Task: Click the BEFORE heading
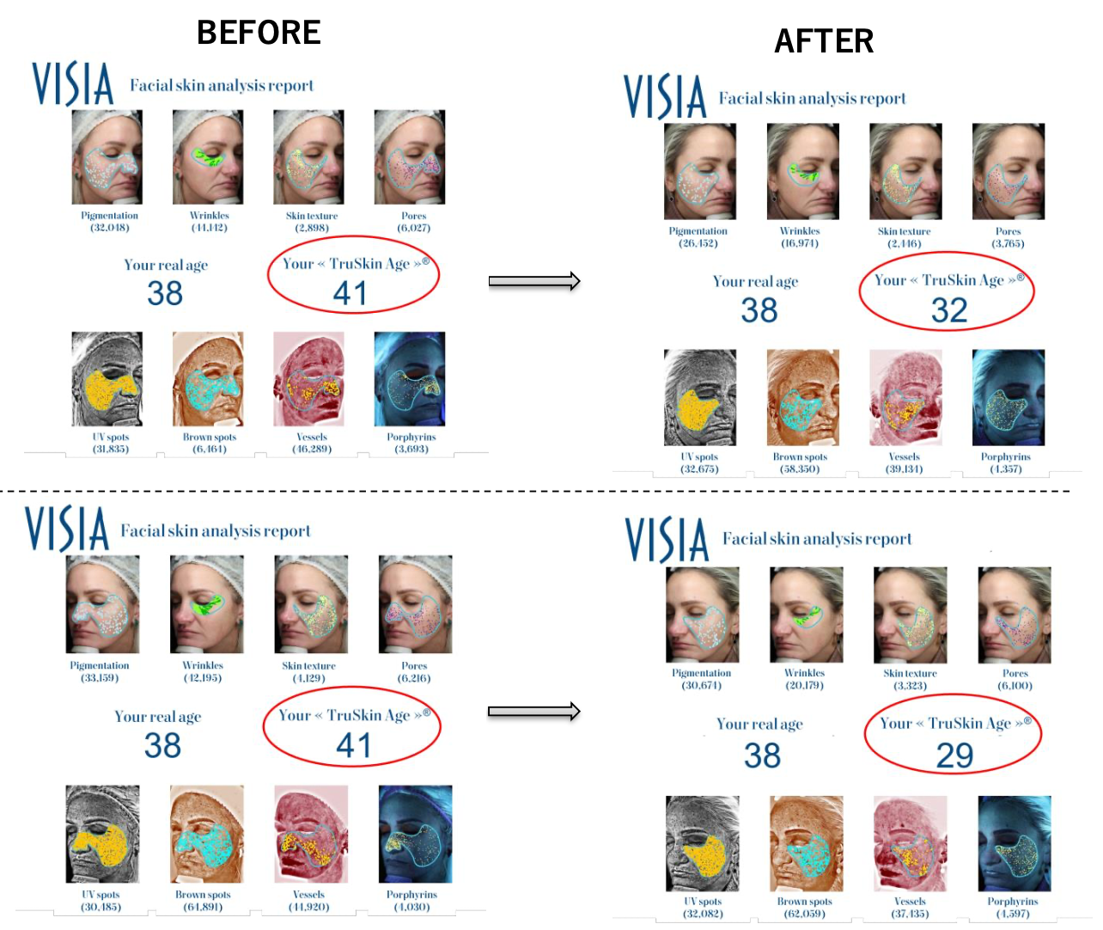click(259, 33)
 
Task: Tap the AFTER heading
click(824, 41)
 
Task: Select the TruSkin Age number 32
click(949, 310)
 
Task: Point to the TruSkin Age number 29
click(954, 756)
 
